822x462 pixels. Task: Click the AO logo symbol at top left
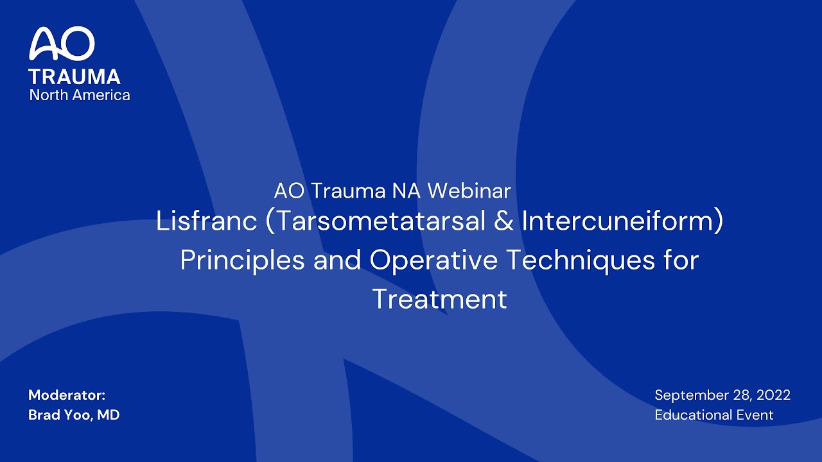(62, 44)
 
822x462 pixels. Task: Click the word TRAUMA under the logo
(74, 77)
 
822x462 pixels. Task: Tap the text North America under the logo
(80, 95)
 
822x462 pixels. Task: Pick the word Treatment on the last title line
(439, 300)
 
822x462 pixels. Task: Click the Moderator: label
(67, 395)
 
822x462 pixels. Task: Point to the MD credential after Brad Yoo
(109, 415)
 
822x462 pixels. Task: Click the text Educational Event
(714, 415)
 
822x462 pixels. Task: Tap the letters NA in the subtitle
(410, 191)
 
